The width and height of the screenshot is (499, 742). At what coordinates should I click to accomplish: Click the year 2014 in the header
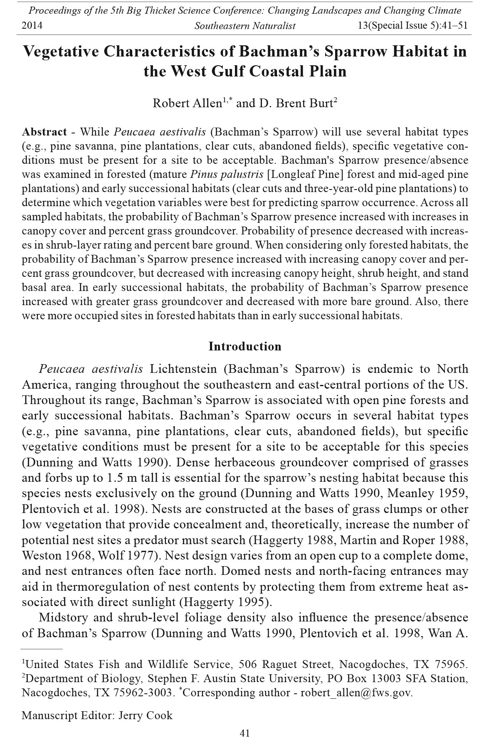click(32, 26)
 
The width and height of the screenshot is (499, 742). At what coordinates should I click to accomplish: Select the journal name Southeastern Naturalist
click(245, 26)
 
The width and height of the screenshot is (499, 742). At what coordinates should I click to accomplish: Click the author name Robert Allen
click(187, 103)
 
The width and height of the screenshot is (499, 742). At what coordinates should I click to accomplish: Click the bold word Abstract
click(44, 132)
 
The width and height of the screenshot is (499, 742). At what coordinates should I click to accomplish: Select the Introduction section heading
click(245, 346)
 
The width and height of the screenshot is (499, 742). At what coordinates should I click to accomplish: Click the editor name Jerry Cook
click(146, 715)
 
